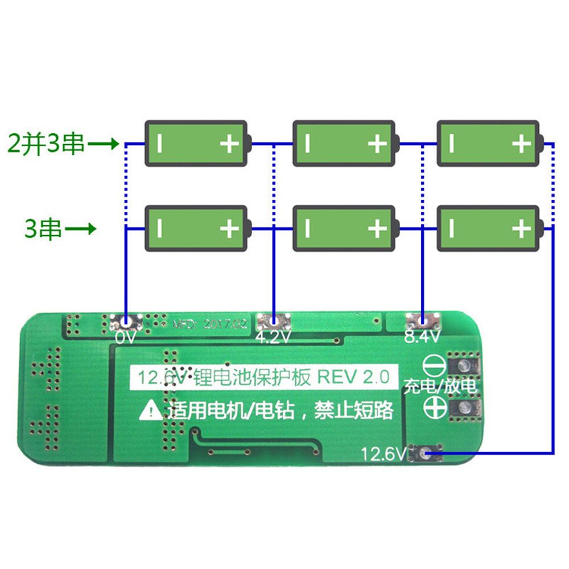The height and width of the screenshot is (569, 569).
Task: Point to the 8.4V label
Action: click(x=422, y=337)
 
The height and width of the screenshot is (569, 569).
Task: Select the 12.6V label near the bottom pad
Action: click(x=384, y=454)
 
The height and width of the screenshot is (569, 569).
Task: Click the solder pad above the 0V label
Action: click(x=125, y=322)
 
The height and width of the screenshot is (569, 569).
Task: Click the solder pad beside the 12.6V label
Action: click(x=424, y=454)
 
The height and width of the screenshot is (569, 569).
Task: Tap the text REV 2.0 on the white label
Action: click(x=354, y=377)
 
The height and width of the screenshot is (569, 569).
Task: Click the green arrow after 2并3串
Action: click(x=105, y=143)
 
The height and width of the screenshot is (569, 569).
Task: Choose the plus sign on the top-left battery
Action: click(x=229, y=143)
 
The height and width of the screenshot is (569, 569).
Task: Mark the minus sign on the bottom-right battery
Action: click(x=452, y=229)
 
